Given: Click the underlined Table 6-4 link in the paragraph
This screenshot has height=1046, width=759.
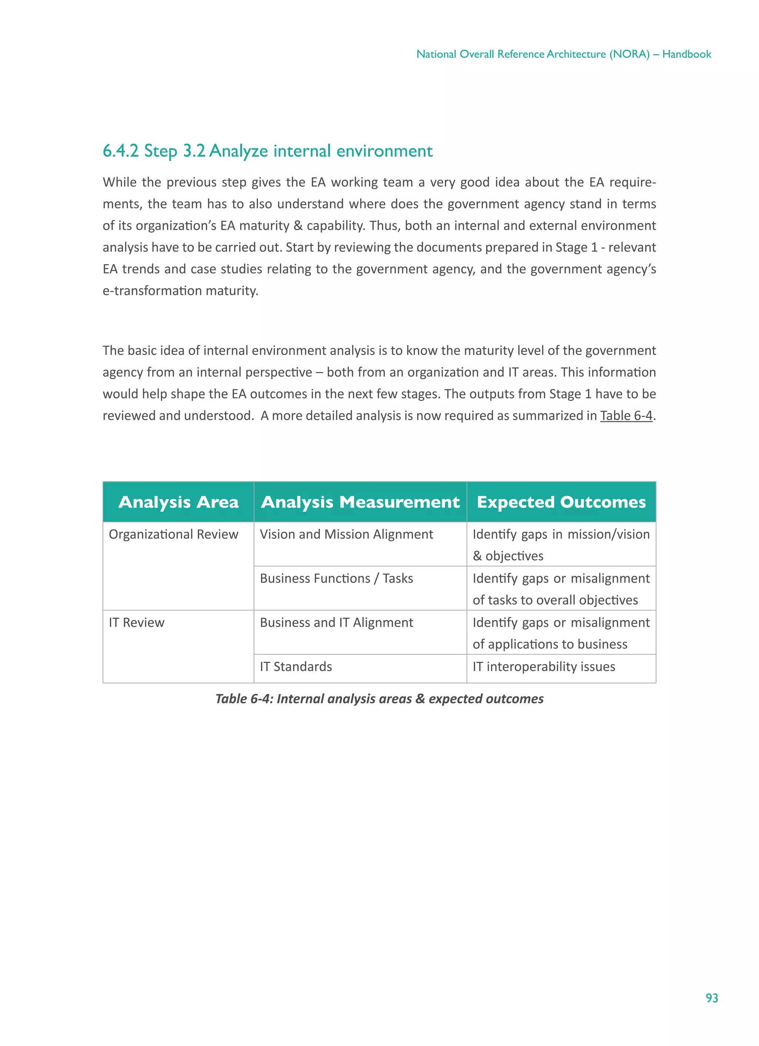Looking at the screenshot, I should tap(626, 415).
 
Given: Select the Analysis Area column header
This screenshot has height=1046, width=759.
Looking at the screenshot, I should tap(178, 502).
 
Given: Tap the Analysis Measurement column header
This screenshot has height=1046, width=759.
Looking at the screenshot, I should tap(360, 502).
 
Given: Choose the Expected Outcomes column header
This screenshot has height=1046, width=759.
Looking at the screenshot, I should tap(561, 502).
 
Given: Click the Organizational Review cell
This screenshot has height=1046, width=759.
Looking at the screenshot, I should tap(173, 534).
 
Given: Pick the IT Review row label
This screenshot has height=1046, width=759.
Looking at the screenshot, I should tap(137, 622).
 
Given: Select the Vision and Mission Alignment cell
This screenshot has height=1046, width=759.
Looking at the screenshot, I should tap(346, 534).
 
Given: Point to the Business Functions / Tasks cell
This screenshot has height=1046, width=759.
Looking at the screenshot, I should tap(337, 578).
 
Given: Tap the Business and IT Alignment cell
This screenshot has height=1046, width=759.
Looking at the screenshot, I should tap(337, 622).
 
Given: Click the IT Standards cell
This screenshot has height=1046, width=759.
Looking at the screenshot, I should tap(296, 667).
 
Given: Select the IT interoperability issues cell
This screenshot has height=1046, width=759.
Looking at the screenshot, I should tap(544, 667).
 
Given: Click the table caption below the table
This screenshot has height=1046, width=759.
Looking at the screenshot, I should tap(379, 699).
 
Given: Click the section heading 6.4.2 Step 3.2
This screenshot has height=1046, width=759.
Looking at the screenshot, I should tap(267, 151).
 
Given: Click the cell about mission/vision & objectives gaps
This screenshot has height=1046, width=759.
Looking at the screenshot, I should tap(561, 545).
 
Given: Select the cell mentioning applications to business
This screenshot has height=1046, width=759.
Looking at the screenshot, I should tap(561, 633).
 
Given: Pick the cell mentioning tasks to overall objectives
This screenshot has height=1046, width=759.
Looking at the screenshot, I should tap(561, 589).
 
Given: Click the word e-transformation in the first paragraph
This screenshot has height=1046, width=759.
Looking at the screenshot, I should tap(152, 290).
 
